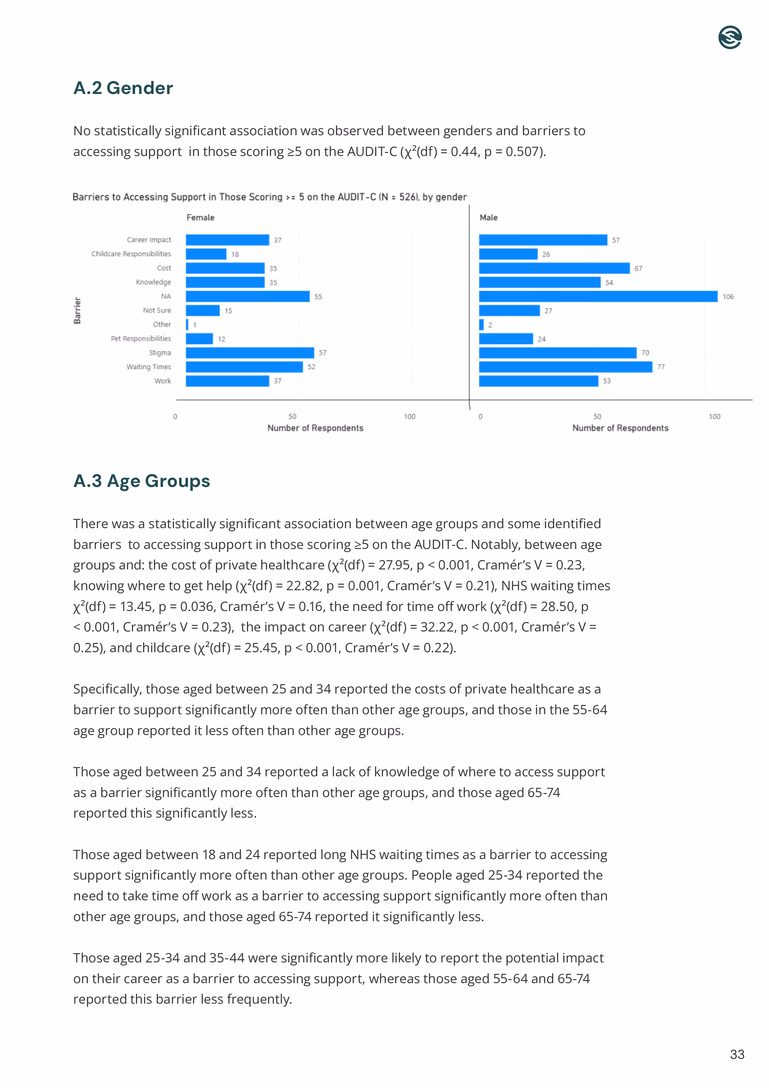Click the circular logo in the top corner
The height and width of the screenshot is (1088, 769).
coord(729,38)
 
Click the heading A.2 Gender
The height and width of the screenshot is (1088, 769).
coord(123,88)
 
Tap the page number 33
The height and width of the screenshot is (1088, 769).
coord(737,1055)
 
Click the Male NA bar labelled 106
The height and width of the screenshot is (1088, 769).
coord(598,297)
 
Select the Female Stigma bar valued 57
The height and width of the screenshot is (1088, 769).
coord(250,353)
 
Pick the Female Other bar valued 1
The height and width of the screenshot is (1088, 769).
coord(187,325)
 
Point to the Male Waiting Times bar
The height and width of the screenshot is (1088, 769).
coord(565,367)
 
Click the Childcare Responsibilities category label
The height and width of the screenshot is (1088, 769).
coord(131,254)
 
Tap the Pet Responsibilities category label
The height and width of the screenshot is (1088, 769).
coord(141,339)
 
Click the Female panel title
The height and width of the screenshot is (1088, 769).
coord(200,217)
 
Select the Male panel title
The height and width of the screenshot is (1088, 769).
coord(488,217)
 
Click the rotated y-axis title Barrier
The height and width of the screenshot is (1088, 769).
coord(77,311)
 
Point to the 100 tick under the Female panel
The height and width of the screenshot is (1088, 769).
coord(409,417)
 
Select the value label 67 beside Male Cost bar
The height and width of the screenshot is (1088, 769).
coord(638,269)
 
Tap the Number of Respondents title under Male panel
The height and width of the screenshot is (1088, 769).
coord(620,428)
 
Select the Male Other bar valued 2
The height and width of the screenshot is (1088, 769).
coord(481,325)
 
